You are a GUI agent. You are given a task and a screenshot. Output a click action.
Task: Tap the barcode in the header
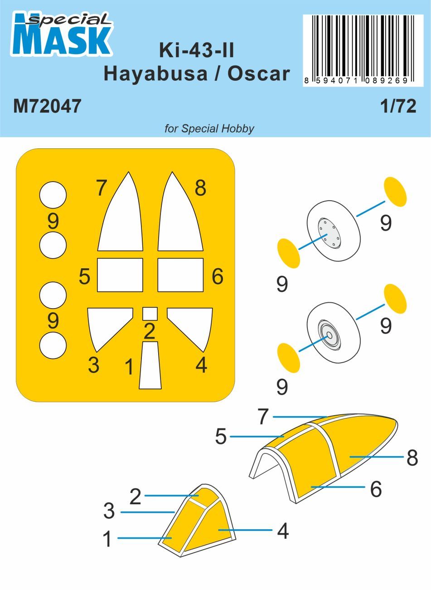[x=358, y=45]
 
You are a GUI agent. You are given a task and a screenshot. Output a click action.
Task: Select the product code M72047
[x=47, y=106]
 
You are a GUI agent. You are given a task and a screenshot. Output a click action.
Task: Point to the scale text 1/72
[x=397, y=106]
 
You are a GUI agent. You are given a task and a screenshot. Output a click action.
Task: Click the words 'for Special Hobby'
[x=209, y=128]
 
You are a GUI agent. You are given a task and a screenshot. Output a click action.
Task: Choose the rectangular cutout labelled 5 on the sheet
[x=120, y=275]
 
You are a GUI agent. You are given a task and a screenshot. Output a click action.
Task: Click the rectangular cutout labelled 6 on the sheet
[x=180, y=275]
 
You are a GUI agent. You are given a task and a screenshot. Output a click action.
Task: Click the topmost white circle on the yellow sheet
[x=53, y=195]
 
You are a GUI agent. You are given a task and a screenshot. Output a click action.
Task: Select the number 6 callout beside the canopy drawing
[x=376, y=489]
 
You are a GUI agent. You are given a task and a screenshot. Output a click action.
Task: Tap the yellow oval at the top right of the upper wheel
[x=395, y=192]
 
